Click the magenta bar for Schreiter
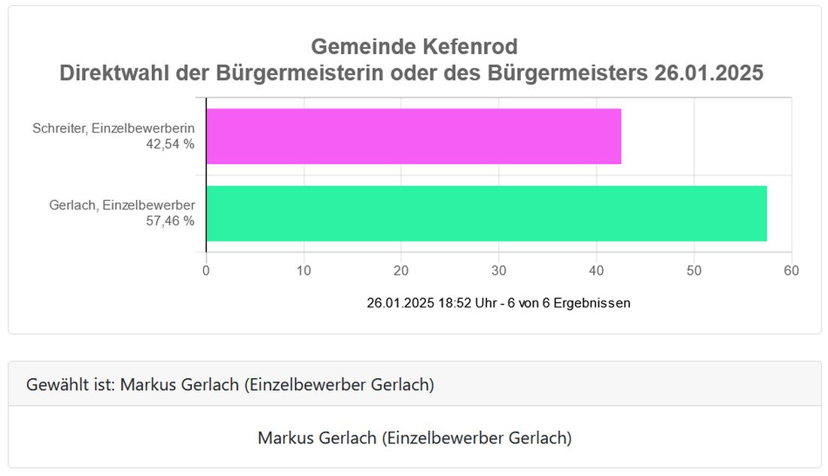[413, 136]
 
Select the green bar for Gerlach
[486, 214]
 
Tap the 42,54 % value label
[170, 144]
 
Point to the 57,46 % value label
[170, 221]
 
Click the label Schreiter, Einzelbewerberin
[114, 129]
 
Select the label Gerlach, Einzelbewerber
[122, 206]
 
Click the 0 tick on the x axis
[206, 271]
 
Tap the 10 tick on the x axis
[303, 271]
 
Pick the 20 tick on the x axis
[401, 271]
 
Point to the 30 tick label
[498, 271]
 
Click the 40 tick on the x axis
[596, 271]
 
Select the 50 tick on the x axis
[693, 271]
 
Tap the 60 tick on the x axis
[791, 271]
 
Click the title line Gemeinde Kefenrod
[414, 47]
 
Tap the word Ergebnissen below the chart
[592, 304]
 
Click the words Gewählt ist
[70, 385]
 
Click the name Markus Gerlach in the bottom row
[316, 438]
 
